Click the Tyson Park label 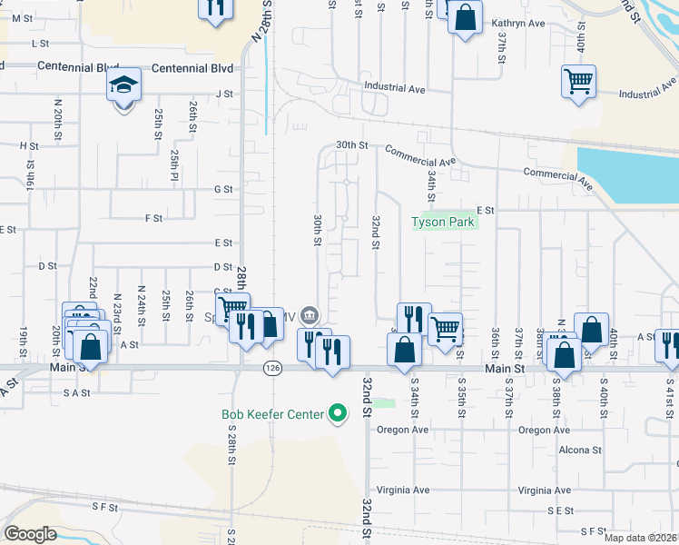pos(444,222)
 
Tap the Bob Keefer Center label pos(272,414)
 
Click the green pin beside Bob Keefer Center pos(339,414)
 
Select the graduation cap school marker pos(124,85)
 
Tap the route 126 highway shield pos(271,367)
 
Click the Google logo pos(30,534)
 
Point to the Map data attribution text pos(640,538)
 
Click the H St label pos(29,145)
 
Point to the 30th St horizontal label pos(351,144)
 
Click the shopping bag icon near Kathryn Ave pos(465,17)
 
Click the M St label pos(15,17)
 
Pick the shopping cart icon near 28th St pos(232,309)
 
